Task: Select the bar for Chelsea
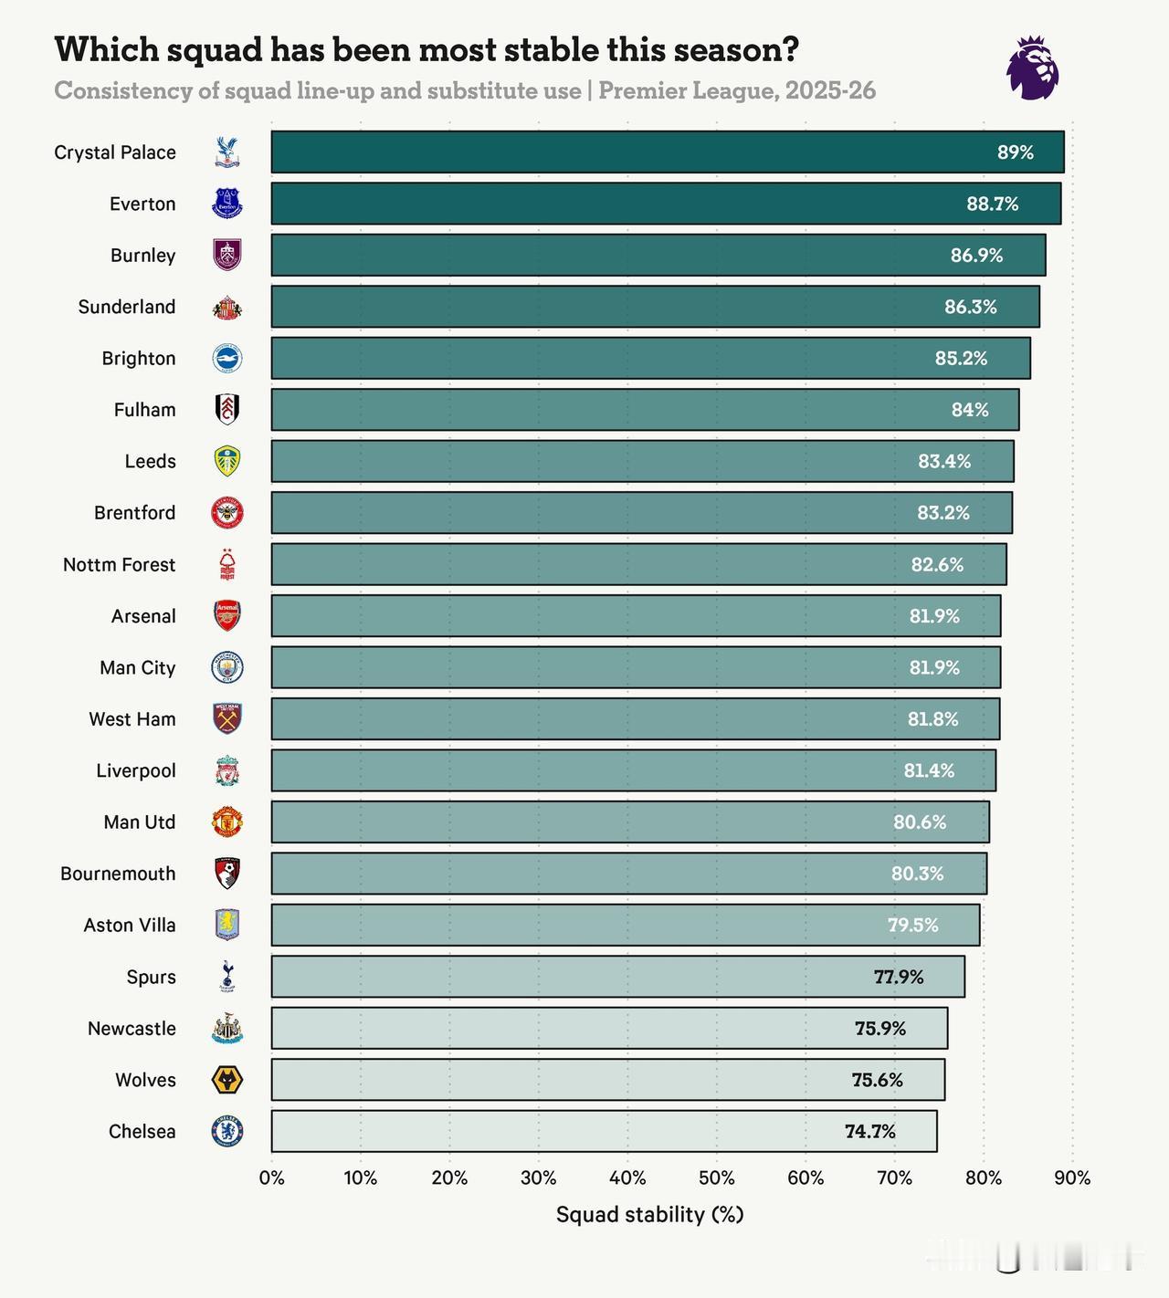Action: point(603,1131)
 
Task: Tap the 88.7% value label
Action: point(992,204)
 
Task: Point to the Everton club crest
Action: point(227,204)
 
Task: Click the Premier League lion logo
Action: point(1033,68)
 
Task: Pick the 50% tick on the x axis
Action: point(717,1178)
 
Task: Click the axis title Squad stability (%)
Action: point(649,1214)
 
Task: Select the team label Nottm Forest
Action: point(119,564)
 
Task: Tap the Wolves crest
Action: point(227,1080)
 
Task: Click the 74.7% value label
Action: point(869,1131)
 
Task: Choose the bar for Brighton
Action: point(650,358)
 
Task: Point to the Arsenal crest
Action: point(227,616)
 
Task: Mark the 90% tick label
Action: point(1072,1178)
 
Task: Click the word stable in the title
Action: point(544,49)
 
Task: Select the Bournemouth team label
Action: point(118,874)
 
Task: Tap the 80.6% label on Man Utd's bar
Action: point(919,822)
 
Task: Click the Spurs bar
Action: point(617,977)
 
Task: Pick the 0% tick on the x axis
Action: point(272,1178)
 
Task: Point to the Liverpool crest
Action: point(227,770)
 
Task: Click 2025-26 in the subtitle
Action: point(829,90)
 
